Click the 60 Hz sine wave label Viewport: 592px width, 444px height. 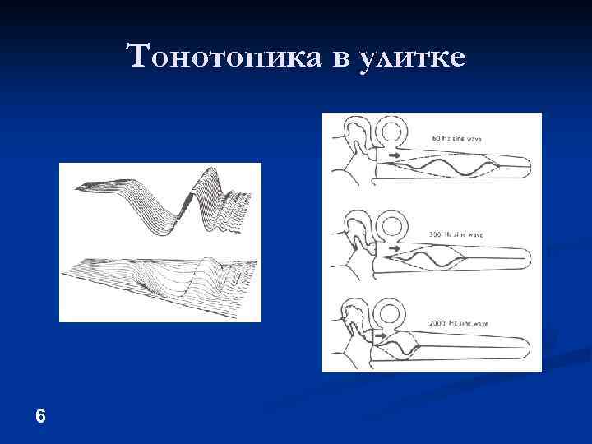(456, 139)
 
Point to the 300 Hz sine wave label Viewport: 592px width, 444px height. (456, 235)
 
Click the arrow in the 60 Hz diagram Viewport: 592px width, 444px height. (395, 155)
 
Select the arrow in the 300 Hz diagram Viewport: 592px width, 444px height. (395, 247)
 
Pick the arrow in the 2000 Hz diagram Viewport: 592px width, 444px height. (382, 335)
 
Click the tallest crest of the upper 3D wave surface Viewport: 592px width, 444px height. (203, 177)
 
